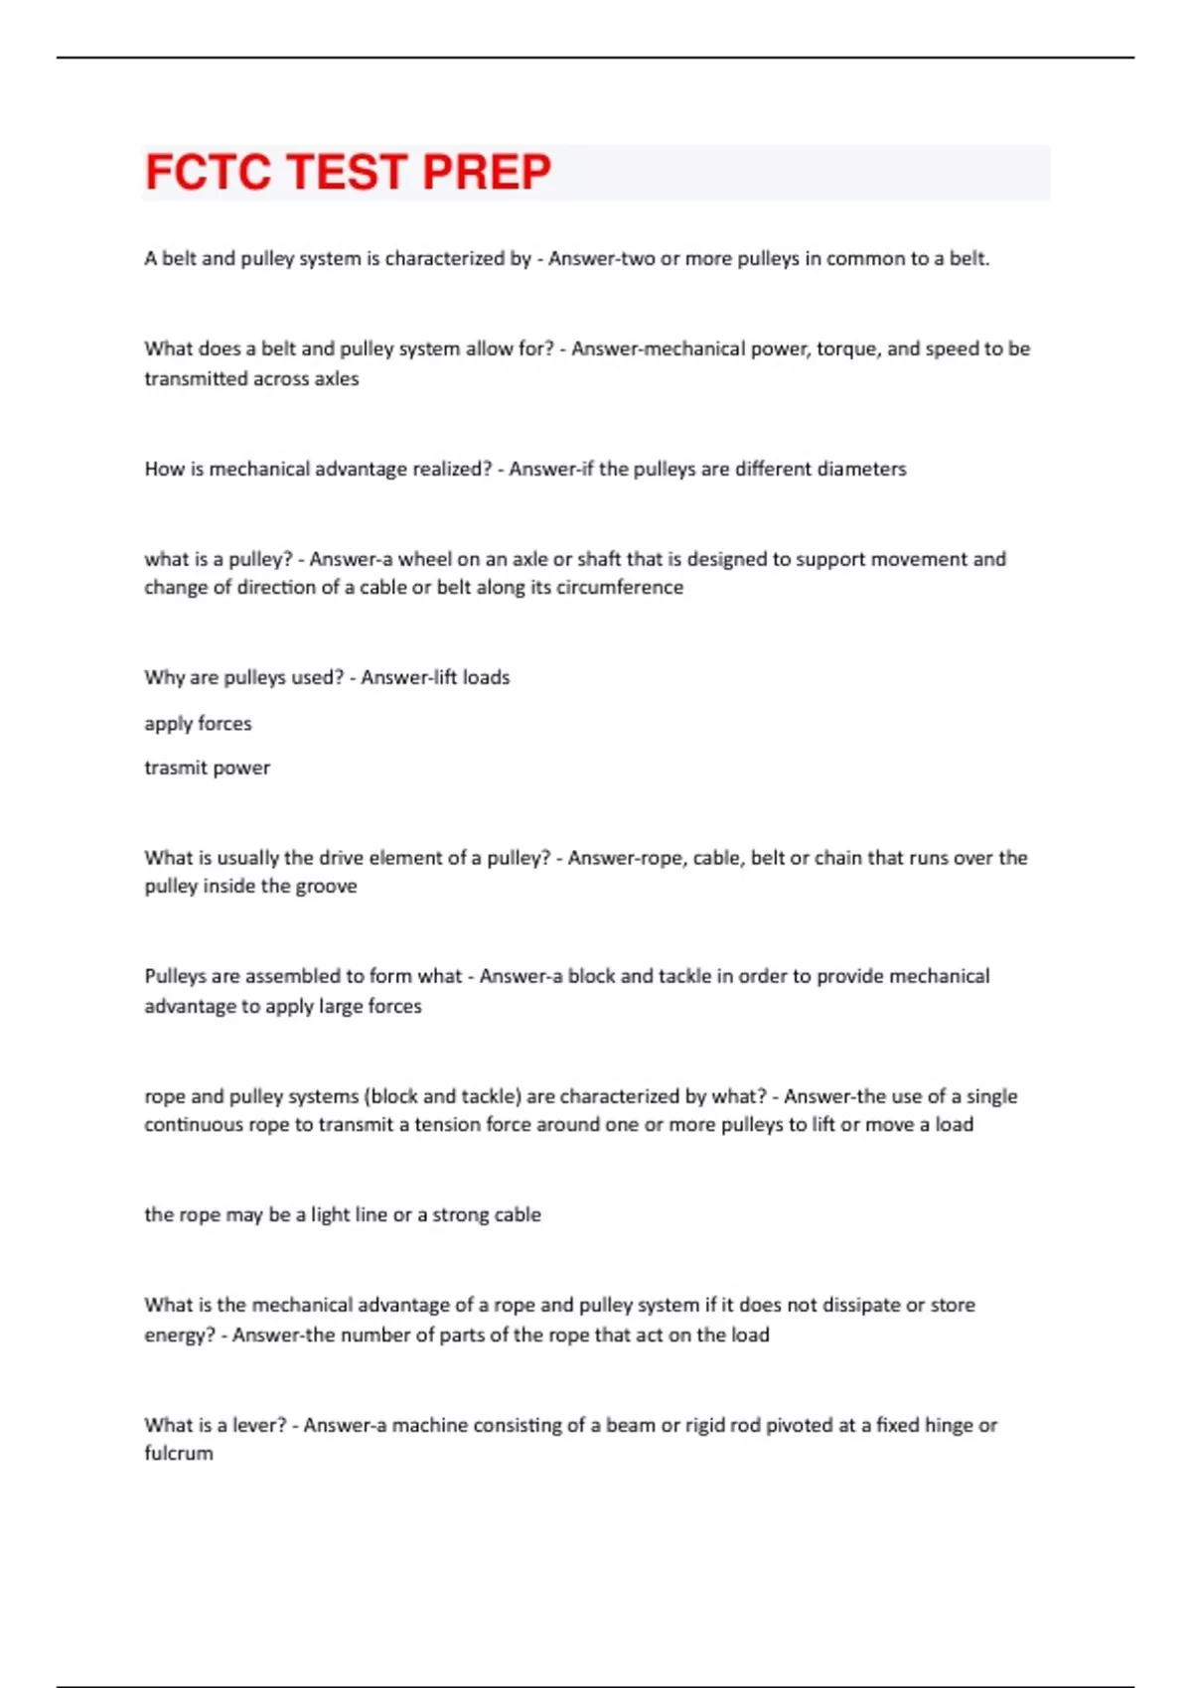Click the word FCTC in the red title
(208, 172)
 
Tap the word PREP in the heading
(487, 172)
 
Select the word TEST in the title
(347, 172)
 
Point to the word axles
(336, 378)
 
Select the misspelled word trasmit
(171, 768)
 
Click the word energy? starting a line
(179, 1336)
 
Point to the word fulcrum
(179, 1453)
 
